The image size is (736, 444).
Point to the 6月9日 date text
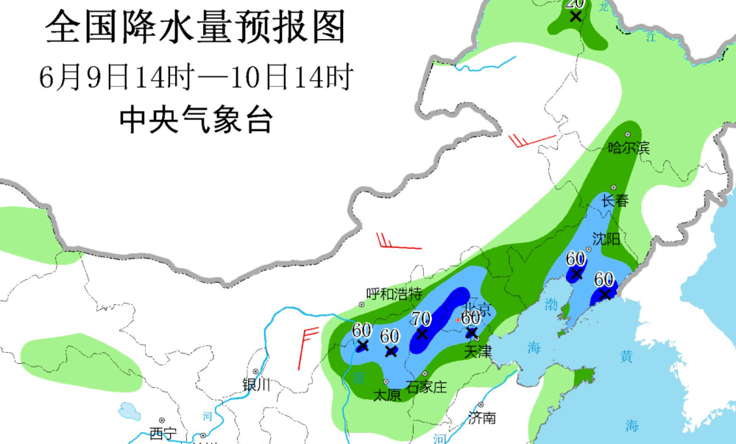point(82,77)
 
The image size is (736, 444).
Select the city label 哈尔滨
point(629,148)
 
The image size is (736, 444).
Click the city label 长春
point(615,201)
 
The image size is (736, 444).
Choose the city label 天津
point(478,352)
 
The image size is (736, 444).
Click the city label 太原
point(387,395)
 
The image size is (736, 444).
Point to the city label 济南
point(482,418)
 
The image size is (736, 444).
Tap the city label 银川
point(257,384)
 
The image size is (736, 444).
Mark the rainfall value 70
point(421,319)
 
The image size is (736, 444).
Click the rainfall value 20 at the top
point(575,4)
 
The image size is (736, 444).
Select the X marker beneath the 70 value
point(422,334)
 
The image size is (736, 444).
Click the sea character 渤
point(552,306)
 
